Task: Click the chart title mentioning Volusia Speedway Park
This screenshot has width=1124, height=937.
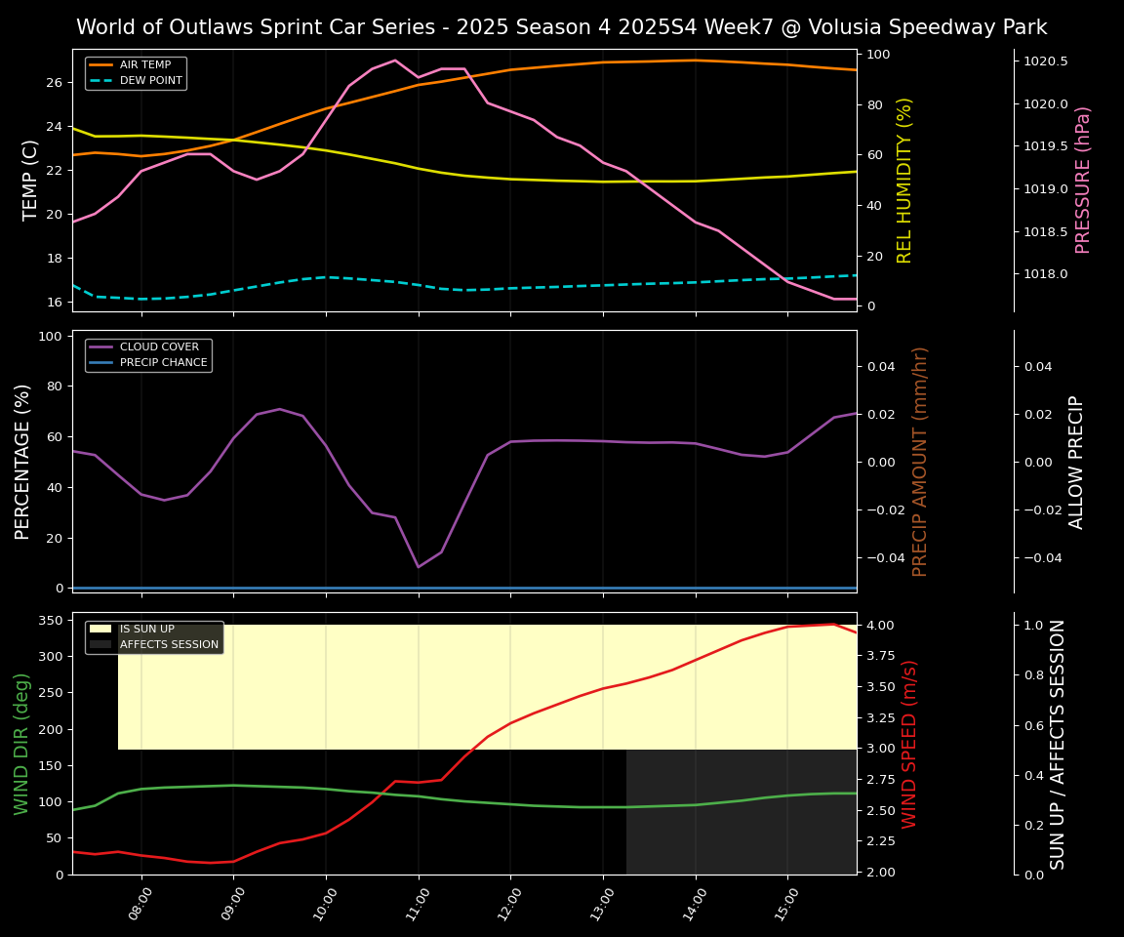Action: pos(561,27)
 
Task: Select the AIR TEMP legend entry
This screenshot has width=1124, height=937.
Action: pos(144,65)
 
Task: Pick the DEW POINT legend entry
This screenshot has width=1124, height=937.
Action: pos(150,81)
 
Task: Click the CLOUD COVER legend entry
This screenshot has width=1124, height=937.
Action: pos(159,347)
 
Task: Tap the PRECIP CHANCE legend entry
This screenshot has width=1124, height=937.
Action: pos(163,363)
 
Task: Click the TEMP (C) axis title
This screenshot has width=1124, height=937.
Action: pos(31,180)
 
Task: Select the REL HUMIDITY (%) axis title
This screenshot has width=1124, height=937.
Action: pos(904,180)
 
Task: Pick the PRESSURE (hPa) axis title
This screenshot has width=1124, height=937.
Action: pos(1083,180)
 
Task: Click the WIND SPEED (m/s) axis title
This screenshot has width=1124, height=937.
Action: pos(909,744)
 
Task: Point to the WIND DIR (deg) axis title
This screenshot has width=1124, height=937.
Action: pos(21,744)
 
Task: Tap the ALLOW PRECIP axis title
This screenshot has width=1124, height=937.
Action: pos(1077,462)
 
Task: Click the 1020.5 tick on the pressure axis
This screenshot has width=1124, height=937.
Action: pos(1045,61)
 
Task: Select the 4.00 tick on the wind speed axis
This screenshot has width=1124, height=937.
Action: pos(882,626)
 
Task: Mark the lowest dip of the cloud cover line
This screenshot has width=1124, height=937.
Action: pos(419,567)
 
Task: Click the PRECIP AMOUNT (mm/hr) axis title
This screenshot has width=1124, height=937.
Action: pos(920,462)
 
